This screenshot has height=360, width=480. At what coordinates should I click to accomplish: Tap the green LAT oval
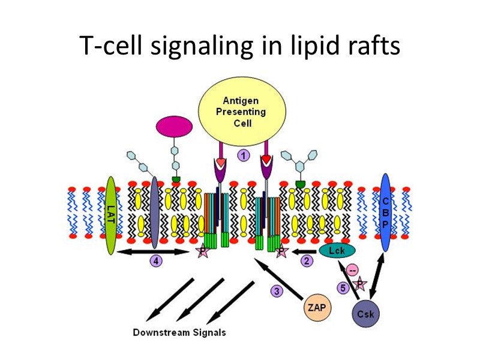click(110, 215)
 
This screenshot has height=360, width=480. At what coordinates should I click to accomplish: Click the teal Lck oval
click(337, 250)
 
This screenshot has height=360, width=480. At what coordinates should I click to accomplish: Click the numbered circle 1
click(244, 156)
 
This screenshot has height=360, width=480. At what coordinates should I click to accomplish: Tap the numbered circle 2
click(307, 261)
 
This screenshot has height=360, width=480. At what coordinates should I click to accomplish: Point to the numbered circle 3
click(277, 291)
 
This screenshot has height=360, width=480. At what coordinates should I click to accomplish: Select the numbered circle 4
click(155, 261)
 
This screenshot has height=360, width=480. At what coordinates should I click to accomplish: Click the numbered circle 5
click(343, 288)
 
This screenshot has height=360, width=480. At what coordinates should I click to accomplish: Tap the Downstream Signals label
click(179, 332)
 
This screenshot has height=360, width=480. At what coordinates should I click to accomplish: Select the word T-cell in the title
click(110, 46)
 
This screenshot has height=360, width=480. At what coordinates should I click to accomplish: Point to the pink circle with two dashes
click(352, 270)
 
